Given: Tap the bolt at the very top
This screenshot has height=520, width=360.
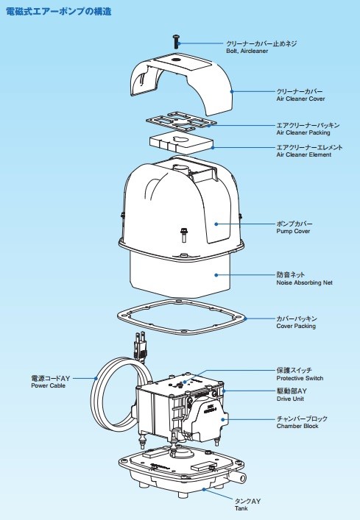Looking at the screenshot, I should (177, 41).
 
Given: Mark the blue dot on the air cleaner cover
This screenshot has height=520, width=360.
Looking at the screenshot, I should (230, 91).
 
